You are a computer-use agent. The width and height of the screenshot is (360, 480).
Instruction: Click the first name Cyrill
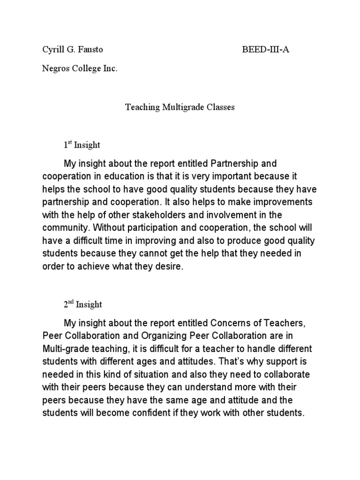49,49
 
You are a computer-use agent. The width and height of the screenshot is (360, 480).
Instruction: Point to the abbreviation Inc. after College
111,68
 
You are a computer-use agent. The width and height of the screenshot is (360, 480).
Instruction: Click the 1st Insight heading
82,145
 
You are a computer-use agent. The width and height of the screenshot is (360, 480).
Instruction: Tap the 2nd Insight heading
83,305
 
